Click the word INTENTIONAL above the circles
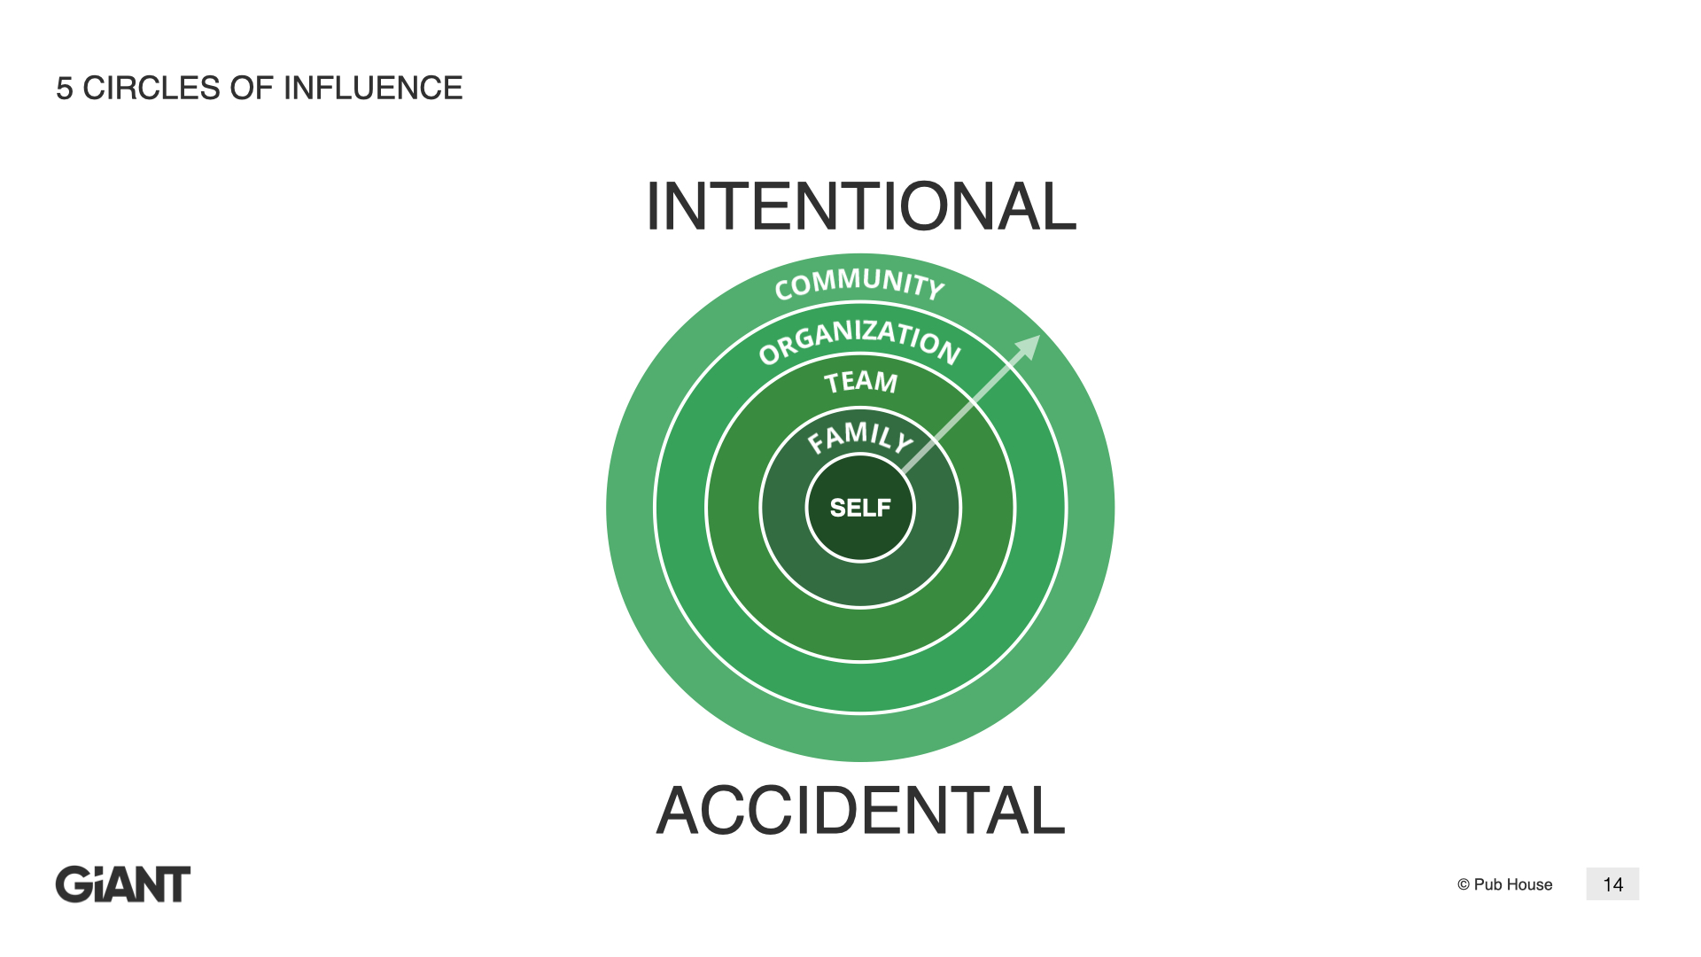tap(861, 206)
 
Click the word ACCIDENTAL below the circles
tap(860, 810)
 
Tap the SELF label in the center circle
tap(860, 508)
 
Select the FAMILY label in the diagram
tap(859, 437)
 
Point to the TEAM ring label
tap(861, 382)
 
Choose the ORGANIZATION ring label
tap(860, 340)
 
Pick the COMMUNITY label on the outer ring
tap(859, 284)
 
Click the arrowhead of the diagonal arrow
tap(1029, 346)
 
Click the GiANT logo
tap(123, 884)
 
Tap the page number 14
tap(1612, 884)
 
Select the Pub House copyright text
tap(1504, 884)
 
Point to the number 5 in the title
tap(64, 88)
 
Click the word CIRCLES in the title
tap(151, 88)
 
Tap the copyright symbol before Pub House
tap(1464, 884)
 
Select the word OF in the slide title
tap(252, 88)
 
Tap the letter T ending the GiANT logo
tap(175, 884)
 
